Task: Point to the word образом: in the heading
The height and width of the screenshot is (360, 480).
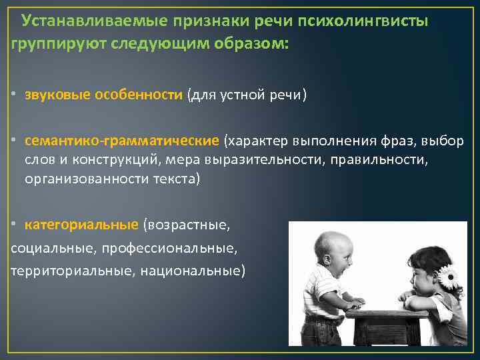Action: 253,44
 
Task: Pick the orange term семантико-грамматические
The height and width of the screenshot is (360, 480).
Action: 122,141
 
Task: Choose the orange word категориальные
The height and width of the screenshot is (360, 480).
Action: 82,225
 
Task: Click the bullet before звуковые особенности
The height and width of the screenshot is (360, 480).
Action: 14,95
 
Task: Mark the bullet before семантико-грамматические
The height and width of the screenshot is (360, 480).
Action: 14,141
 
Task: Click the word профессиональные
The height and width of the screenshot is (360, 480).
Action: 179,248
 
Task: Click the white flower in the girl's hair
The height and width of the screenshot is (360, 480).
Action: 448,275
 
